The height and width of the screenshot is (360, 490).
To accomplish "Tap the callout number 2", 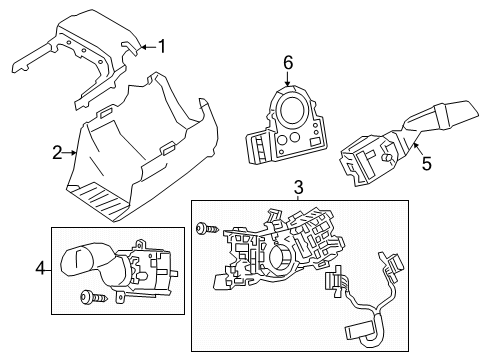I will [x=56, y=153].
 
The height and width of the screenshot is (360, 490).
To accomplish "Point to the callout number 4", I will [x=40, y=268].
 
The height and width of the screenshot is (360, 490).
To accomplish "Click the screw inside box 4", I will [x=88, y=296].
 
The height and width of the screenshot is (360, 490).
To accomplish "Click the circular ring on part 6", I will [x=293, y=110].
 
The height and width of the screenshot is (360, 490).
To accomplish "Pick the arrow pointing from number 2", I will [x=70, y=153].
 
